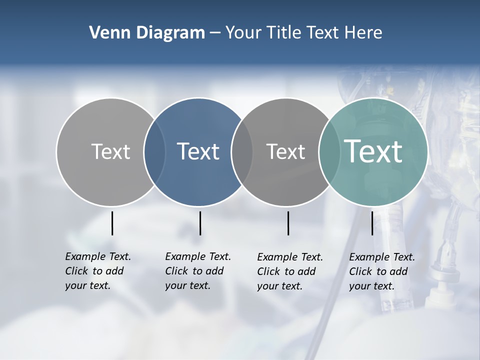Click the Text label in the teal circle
click(x=373, y=151)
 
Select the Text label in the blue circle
click(x=198, y=151)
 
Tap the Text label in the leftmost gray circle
click(x=111, y=151)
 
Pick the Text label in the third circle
click(x=285, y=151)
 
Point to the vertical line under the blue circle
click(x=200, y=223)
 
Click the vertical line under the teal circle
click(x=372, y=223)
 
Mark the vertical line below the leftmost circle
click(x=112, y=223)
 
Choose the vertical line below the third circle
click(x=288, y=223)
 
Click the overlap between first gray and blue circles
click(x=154, y=151)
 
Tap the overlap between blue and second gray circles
click(x=242, y=151)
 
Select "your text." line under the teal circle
click(x=371, y=286)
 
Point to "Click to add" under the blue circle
click(x=194, y=271)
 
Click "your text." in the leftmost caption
click(x=87, y=285)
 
